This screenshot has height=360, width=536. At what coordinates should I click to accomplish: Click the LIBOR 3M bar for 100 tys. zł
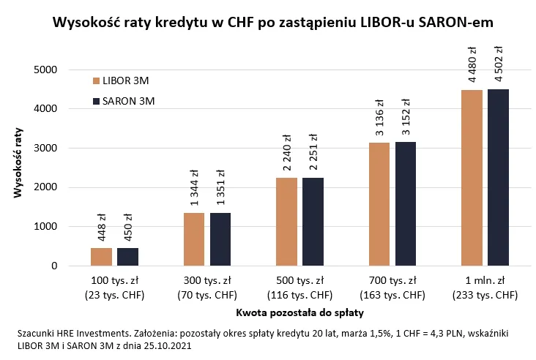point(101,257)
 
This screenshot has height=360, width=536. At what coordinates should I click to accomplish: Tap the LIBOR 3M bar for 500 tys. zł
point(287,222)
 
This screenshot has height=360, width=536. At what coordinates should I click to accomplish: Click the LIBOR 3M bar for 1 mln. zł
point(472,178)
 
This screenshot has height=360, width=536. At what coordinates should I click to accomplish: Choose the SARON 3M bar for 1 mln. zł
point(498,177)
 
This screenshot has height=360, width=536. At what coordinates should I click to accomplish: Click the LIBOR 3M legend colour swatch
point(96,80)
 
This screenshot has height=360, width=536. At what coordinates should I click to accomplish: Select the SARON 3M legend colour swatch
point(96,101)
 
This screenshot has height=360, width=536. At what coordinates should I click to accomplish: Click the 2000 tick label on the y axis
point(44,187)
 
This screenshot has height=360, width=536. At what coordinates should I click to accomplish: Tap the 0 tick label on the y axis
point(53,266)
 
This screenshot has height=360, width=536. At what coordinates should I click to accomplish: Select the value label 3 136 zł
point(379,118)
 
